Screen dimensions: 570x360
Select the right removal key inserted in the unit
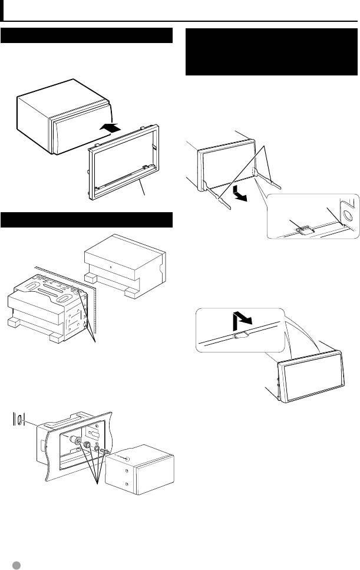274,176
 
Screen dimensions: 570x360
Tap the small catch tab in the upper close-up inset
305,232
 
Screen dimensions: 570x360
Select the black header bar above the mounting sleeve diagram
86,220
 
